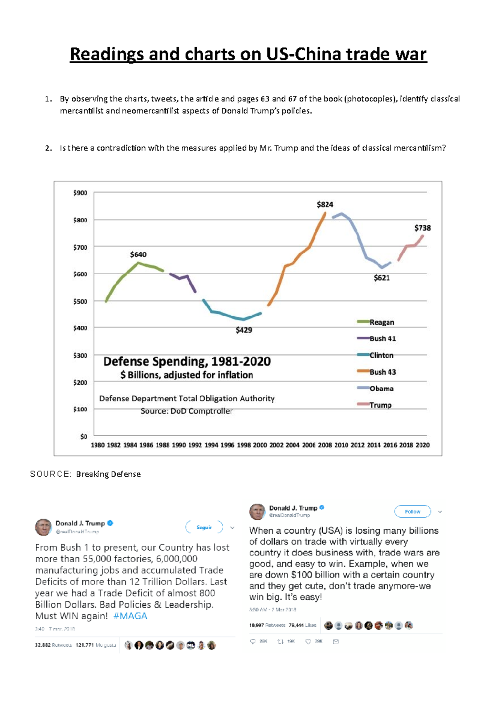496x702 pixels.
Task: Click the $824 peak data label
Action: tap(325, 205)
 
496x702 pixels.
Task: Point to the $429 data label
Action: tap(244, 330)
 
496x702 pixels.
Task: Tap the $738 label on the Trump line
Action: tap(422, 228)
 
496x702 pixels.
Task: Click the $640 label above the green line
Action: tap(138, 255)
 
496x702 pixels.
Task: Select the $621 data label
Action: tap(382, 278)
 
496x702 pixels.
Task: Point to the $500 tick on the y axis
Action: tap(80, 301)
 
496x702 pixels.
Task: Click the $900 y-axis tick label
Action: tap(80, 193)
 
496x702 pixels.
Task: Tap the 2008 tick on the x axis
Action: tap(325, 445)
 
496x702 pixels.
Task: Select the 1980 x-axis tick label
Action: tap(98, 445)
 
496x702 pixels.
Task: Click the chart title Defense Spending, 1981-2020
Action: tap(187, 362)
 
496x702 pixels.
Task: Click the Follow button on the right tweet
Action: tap(413, 511)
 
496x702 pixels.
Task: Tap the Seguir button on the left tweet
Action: tap(204, 527)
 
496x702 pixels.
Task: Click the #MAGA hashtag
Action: tap(130, 616)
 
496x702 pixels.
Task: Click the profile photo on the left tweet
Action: tap(43, 527)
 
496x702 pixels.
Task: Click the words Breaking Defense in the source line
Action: tap(108, 474)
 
